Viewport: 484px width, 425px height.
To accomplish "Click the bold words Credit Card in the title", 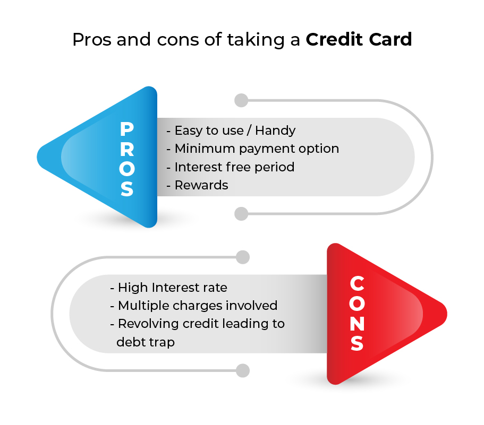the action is [359, 39].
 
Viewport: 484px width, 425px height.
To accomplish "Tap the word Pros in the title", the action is [92, 39].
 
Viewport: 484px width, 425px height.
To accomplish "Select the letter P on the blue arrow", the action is [127, 129].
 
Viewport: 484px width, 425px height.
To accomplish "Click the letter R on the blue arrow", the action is [127, 149].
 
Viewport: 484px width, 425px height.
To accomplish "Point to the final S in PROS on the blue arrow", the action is [127, 188].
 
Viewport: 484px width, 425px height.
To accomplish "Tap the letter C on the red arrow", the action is [357, 283].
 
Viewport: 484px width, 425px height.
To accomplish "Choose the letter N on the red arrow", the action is [357, 323].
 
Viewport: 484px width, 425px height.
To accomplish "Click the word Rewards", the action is [201, 185].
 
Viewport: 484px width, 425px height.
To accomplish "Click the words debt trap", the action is [146, 342].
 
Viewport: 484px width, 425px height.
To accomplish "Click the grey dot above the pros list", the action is [241, 100].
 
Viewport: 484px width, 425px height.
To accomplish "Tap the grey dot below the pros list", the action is [241, 214].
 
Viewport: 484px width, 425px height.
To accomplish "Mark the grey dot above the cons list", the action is [243, 257].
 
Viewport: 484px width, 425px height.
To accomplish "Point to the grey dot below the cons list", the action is [243, 370].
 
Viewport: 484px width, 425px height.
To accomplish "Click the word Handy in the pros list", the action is [275, 131].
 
